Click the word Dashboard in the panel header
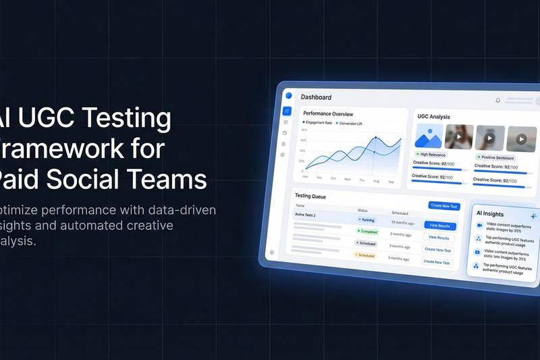pos(316,97)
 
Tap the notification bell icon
pos(498,101)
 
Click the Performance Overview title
pos(328,113)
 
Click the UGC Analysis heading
pos(433,117)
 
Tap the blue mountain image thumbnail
pos(429,137)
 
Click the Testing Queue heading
pos(310,195)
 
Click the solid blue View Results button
pos(439,225)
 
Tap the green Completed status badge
pos(369,231)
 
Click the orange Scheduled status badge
pos(365,255)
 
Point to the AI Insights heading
pos(490,213)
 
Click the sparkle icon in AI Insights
pos(533,216)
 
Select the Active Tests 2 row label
pos(306,214)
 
